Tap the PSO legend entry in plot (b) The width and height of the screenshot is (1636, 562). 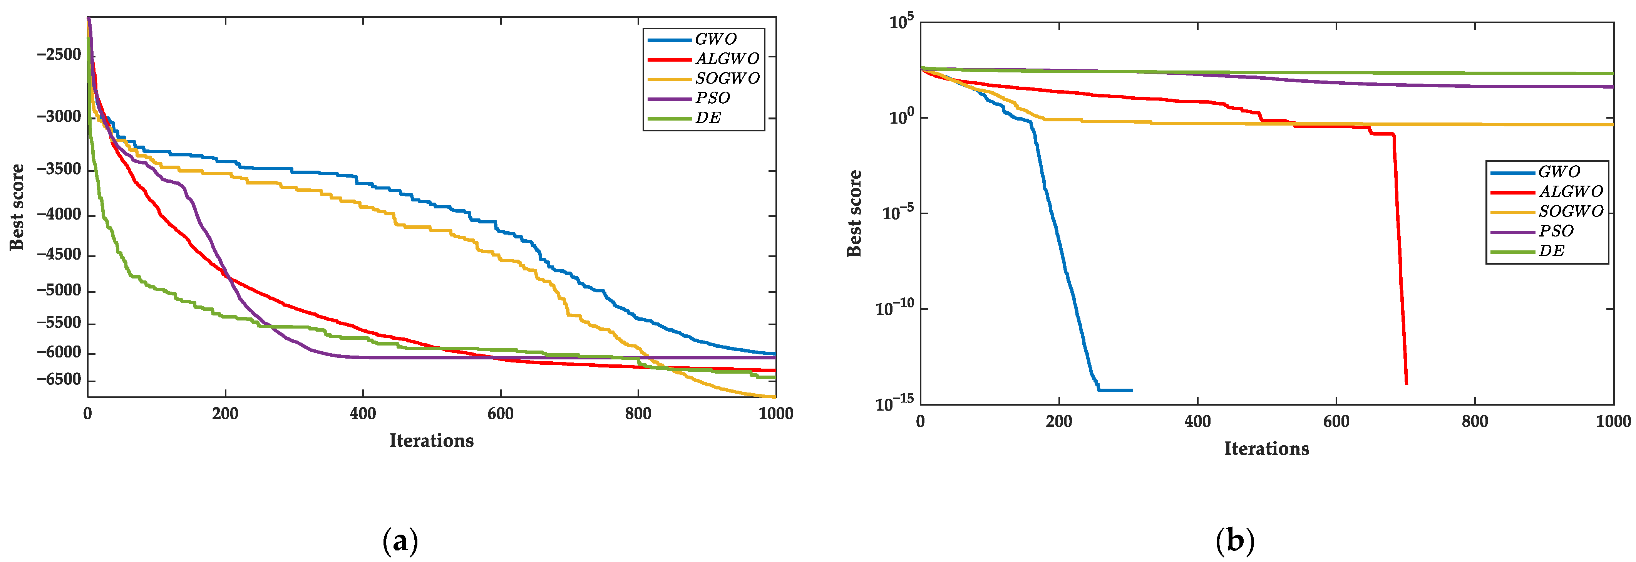1556,231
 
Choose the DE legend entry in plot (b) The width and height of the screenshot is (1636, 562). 1551,251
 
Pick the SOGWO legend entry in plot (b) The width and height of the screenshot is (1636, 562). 1570,211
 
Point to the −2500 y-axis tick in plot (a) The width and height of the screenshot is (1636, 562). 59,55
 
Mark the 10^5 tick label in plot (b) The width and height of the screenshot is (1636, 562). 901,22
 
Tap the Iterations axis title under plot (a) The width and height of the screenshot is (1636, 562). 431,441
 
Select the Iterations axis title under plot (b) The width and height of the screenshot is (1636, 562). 1266,449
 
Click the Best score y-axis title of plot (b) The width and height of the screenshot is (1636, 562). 854,213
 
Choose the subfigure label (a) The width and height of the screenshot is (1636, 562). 401,542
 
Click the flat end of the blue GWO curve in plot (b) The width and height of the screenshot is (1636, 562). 1130,390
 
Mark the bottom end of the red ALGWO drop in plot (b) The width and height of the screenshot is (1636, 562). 1406,383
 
